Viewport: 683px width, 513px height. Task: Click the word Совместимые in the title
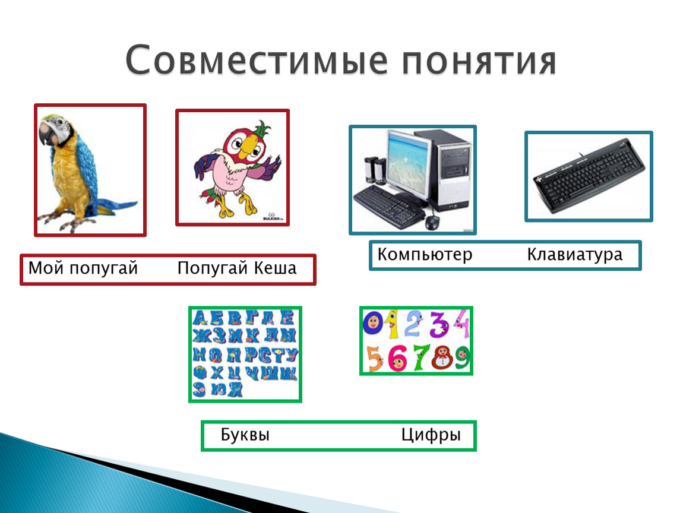click(256, 59)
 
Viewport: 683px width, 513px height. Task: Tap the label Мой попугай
click(83, 268)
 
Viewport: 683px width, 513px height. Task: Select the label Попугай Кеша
click(237, 268)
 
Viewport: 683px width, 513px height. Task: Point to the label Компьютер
click(425, 255)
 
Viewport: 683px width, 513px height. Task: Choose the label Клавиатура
click(575, 255)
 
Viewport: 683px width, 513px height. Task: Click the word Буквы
click(245, 435)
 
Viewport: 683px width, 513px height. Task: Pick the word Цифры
click(431, 435)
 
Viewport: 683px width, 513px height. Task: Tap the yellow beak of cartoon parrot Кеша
click(248, 146)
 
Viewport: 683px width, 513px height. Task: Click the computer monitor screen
click(407, 163)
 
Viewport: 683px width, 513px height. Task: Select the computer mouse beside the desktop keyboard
click(432, 222)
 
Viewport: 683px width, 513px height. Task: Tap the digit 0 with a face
click(374, 323)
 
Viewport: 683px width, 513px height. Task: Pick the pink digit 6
click(398, 358)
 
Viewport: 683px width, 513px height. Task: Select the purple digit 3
click(439, 324)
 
